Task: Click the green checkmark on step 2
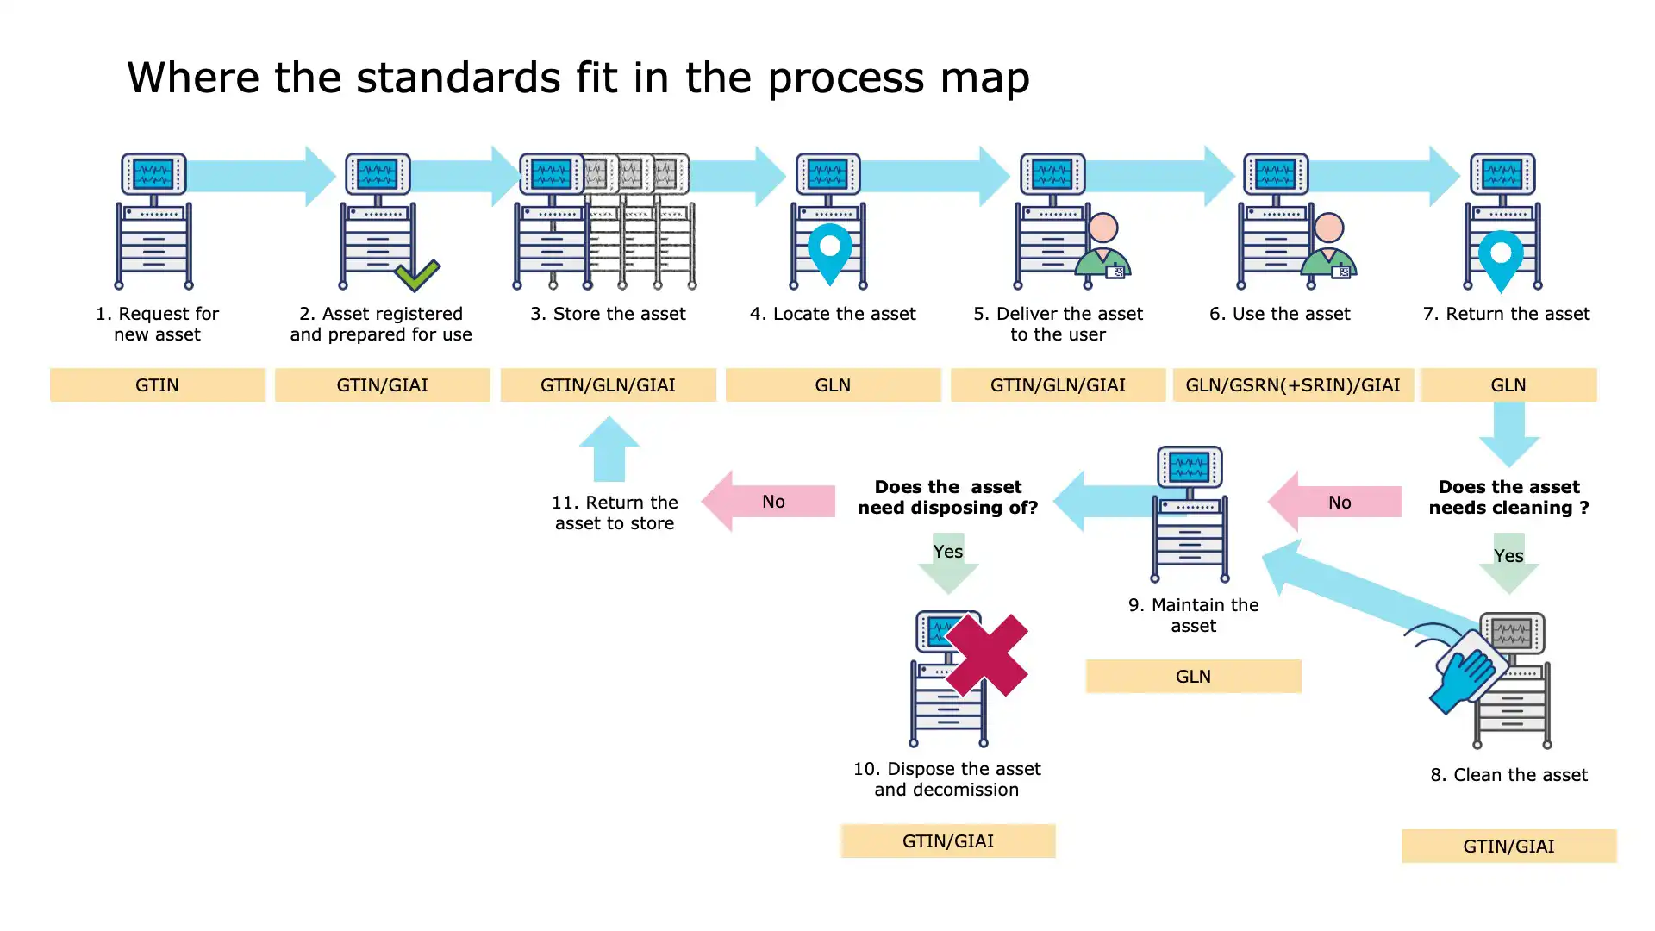pos(417,276)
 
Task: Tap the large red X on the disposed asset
pos(986,655)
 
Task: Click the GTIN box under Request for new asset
pos(157,385)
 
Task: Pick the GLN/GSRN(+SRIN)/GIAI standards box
pos(1292,385)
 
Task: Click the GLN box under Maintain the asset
pos(1193,677)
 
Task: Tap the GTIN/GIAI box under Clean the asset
pos(1508,847)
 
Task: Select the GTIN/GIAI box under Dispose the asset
pos(947,841)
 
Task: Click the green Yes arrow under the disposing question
pos(948,563)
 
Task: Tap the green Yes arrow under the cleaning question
pos(1508,565)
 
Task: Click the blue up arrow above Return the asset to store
pos(609,448)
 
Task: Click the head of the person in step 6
pos(1328,228)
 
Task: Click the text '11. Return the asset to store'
pos(615,513)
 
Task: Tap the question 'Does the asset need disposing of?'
pos(947,497)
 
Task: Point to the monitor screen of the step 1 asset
pos(153,174)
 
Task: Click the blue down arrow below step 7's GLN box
pos(1508,434)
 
